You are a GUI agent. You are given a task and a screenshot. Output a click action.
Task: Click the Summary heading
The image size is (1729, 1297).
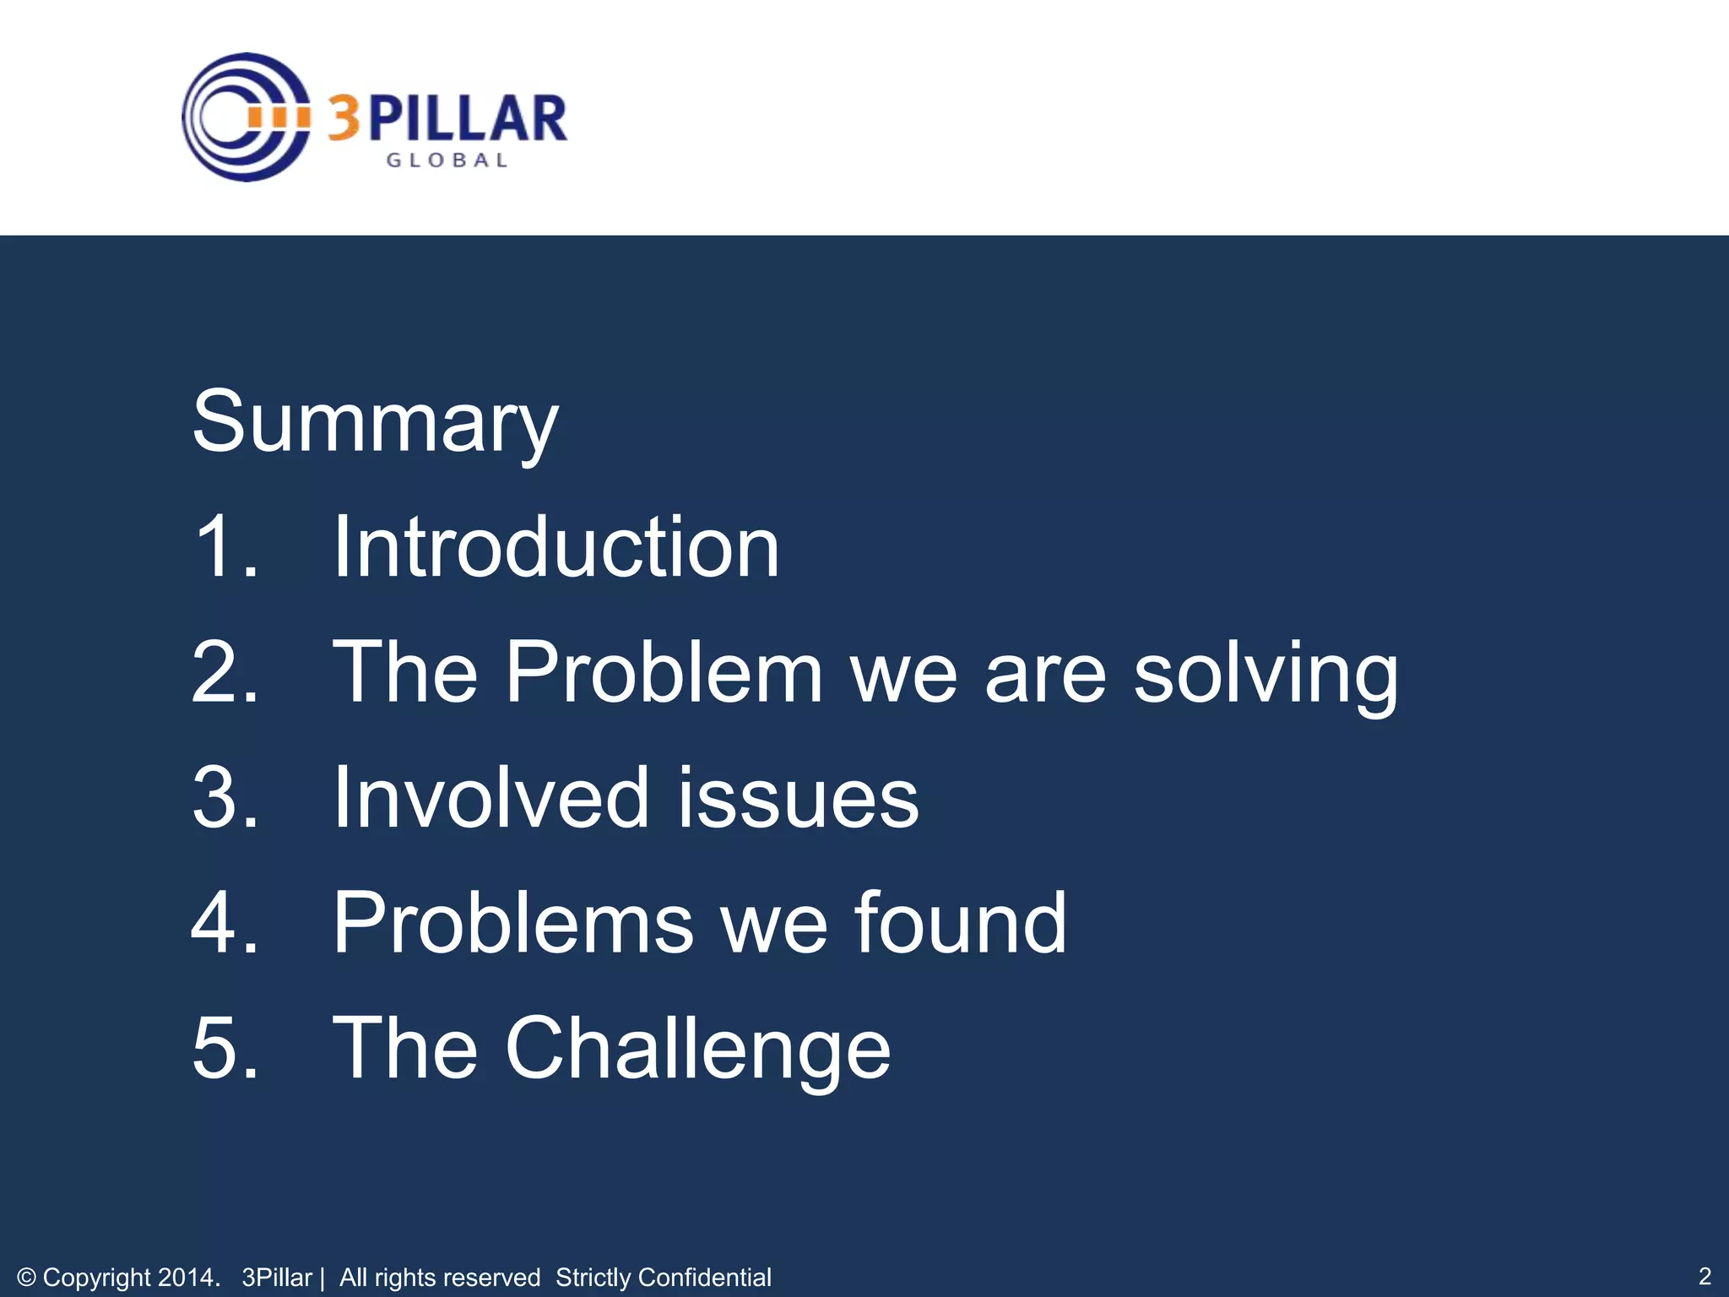375,422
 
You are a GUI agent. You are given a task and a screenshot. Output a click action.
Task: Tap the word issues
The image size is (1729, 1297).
798,798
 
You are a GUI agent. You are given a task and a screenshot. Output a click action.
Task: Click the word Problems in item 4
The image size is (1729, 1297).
512,922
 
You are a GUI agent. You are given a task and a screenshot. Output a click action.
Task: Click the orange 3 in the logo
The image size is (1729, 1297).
344,118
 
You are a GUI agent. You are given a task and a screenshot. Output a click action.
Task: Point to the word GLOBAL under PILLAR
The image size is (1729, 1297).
447,160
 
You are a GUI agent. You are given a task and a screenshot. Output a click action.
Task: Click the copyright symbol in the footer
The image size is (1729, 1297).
26,1278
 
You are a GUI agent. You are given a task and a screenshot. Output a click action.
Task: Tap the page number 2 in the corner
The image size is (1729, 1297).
1704,1276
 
